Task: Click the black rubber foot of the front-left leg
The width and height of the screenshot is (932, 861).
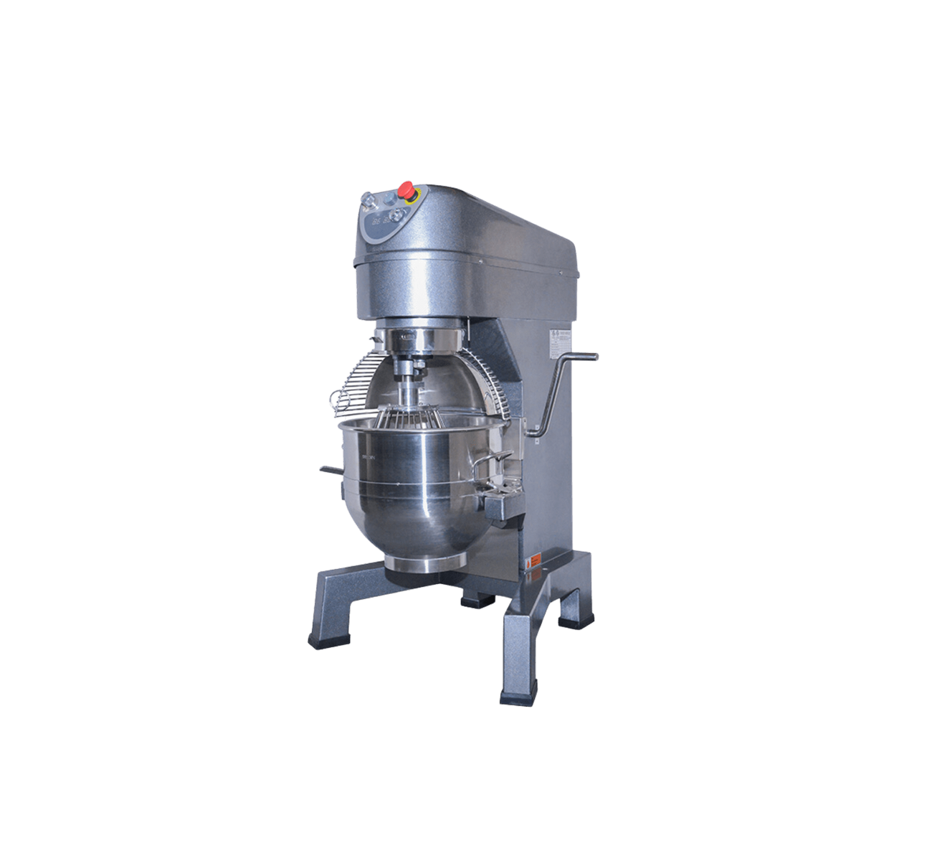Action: click(x=320, y=638)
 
